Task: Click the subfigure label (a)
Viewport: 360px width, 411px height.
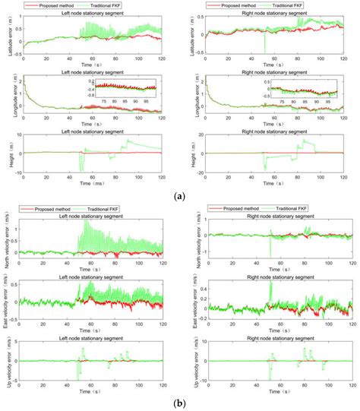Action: (x=179, y=196)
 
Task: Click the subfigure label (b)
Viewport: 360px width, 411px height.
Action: (x=179, y=403)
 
